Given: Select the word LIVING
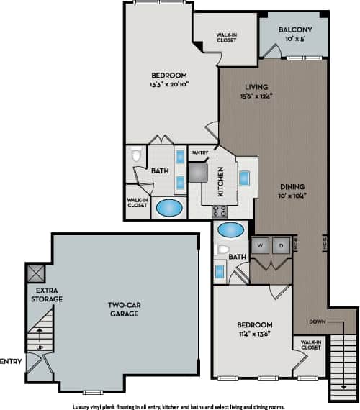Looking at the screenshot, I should click(254, 85).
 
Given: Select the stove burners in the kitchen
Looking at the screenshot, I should click(220, 211).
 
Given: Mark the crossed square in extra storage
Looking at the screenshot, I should click(35, 273).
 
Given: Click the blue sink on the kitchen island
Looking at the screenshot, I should click(244, 178).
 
